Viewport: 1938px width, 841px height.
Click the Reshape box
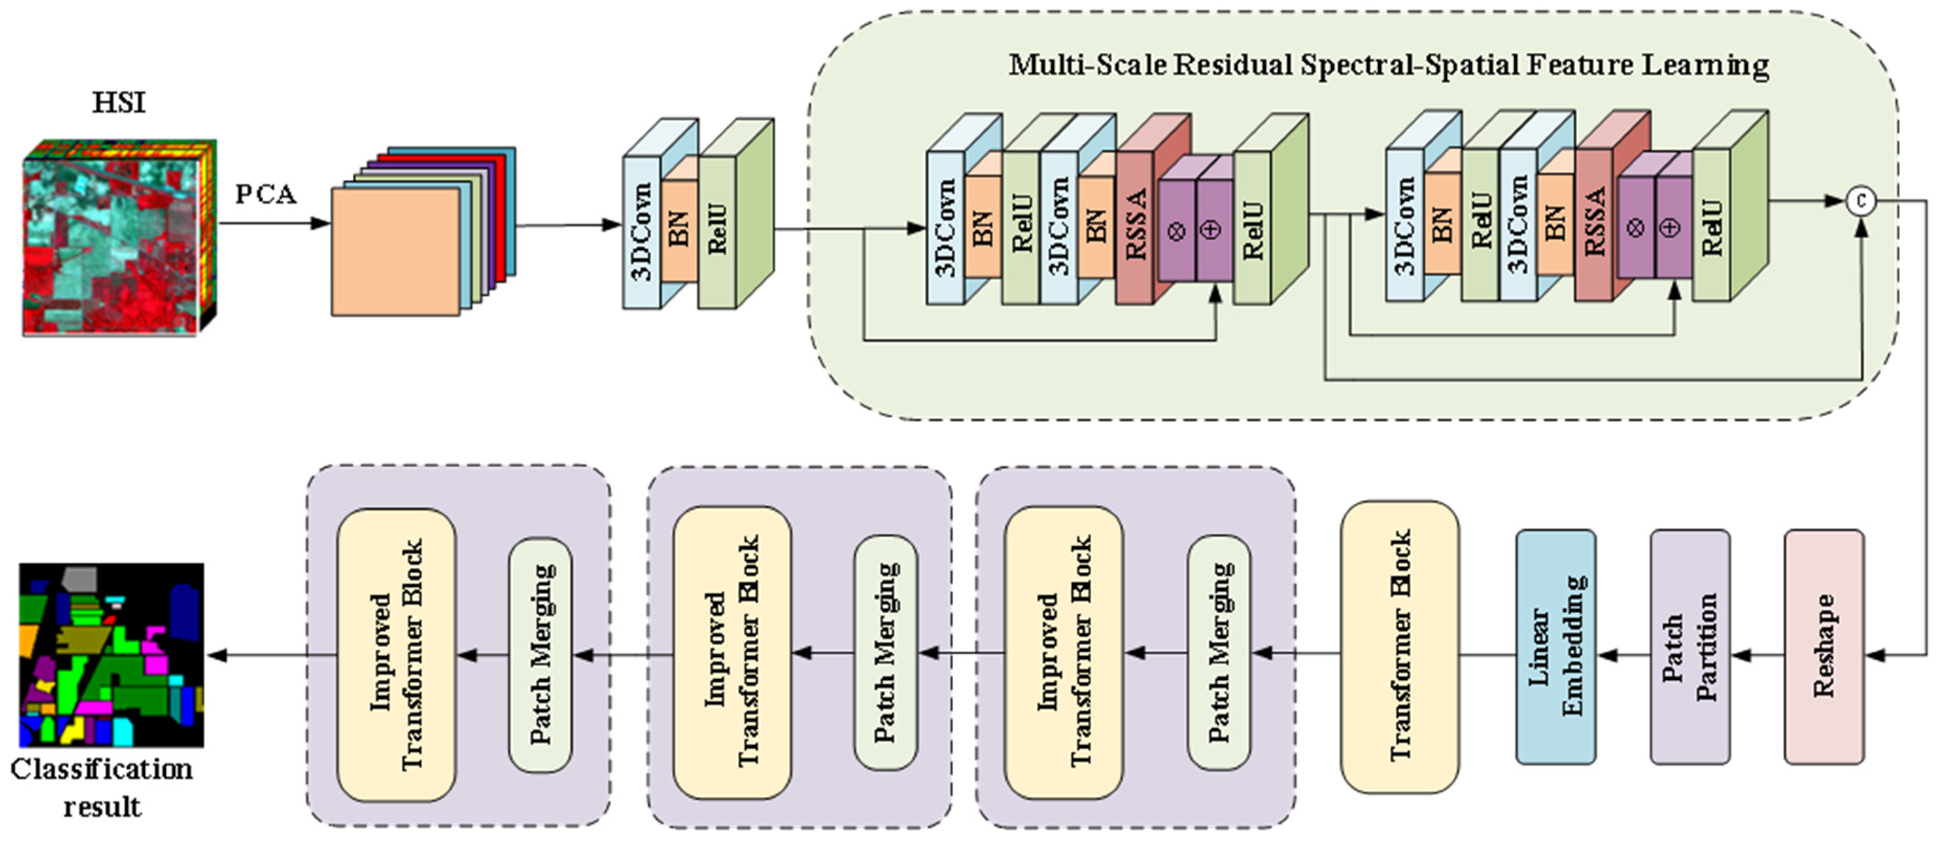(x=1824, y=647)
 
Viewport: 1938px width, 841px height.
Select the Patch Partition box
(x=1690, y=647)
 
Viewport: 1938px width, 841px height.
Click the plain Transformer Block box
(x=1399, y=647)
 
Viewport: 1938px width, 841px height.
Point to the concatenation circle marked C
(x=1861, y=201)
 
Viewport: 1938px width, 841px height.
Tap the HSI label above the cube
(x=119, y=102)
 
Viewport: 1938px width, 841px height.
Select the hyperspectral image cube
(x=119, y=237)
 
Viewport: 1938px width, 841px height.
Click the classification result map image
(x=111, y=654)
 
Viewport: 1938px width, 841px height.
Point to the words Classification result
(x=102, y=787)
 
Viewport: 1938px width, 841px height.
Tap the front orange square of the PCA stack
(x=396, y=251)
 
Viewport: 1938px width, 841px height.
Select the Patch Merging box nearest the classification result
(x=540, y=654)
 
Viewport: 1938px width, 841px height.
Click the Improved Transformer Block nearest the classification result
(x=396, y=654)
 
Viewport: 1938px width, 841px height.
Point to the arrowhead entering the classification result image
(x=217, y=655)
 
